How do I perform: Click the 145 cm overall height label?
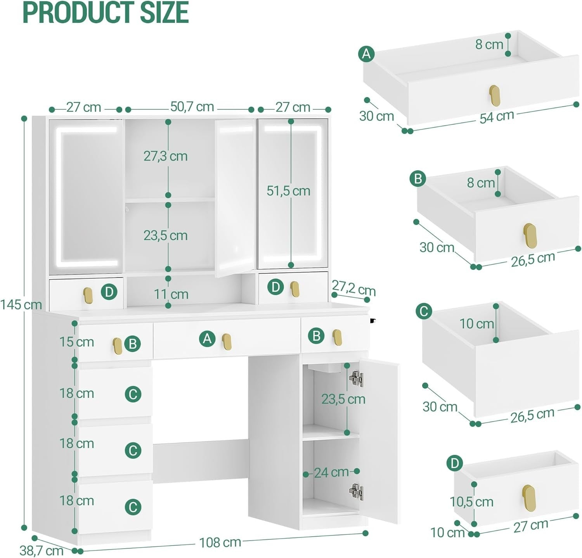21,305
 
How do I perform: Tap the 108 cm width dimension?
220,542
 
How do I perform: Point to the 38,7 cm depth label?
41,550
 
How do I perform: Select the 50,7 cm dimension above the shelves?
192,107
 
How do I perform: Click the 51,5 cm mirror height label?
288,191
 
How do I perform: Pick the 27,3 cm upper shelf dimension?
166,156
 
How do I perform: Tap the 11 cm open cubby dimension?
171,294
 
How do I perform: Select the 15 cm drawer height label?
77,342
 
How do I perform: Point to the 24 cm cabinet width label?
331,472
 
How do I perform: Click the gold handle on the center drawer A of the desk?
227,342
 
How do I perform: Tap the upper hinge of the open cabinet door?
356,378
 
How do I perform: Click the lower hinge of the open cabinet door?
356,492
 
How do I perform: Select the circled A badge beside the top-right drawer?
366,54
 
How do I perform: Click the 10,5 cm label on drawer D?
471,502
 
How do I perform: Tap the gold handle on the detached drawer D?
528,496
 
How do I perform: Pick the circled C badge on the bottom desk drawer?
133,507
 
